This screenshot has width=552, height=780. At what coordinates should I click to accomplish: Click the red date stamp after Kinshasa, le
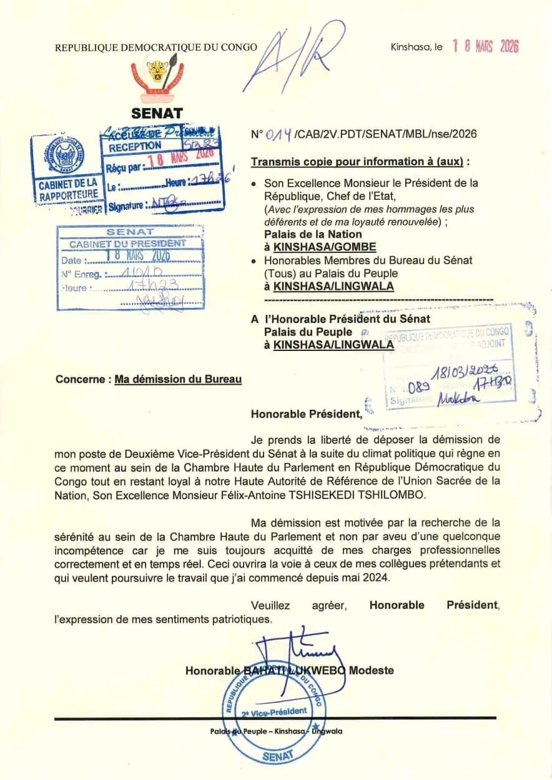(485, 46)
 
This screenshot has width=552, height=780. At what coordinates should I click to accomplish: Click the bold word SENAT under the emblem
(157, 114)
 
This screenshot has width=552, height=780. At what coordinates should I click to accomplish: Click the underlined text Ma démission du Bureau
(178, 379)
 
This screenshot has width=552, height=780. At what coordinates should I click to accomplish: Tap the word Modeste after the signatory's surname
(372, 671)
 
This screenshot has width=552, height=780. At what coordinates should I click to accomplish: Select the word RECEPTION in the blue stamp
(135, 147)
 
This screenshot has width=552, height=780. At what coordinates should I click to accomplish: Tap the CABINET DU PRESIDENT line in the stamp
(127, 243)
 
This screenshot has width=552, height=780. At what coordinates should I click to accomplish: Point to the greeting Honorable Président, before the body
(306, 413)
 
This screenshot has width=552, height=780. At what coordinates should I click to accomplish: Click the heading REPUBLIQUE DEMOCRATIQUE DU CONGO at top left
(156, 47)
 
